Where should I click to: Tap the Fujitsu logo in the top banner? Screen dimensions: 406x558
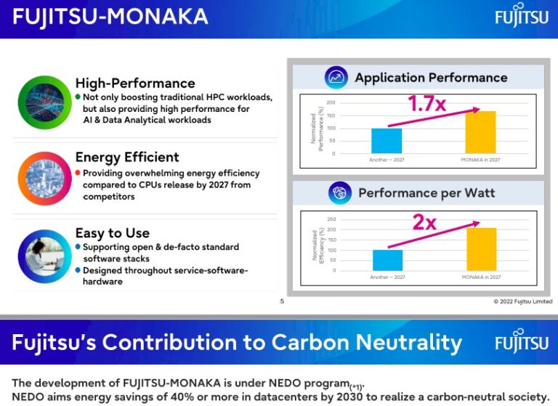522,17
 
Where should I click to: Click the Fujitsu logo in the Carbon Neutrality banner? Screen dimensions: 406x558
522,343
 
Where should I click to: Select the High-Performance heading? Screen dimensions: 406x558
135,83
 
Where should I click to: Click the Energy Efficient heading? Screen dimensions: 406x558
127,157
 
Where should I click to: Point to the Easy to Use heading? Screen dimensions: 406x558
113,233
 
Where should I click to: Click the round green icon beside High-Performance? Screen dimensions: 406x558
44,102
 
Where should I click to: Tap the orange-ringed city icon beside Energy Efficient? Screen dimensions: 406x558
44,177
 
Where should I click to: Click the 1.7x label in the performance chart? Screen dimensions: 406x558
426,104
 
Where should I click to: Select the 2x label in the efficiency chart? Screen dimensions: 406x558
424,222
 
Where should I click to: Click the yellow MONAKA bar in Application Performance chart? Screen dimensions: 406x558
480,132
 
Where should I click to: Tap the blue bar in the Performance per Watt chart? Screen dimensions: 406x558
387,260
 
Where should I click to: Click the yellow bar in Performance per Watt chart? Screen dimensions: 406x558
481,249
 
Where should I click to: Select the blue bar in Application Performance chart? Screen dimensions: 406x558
387,141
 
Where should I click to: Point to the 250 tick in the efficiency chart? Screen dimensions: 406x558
331,219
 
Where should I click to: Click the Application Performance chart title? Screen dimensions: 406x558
431,78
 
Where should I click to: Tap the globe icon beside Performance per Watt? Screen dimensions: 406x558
339,193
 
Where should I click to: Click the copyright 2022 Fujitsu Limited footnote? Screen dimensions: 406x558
522,301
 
